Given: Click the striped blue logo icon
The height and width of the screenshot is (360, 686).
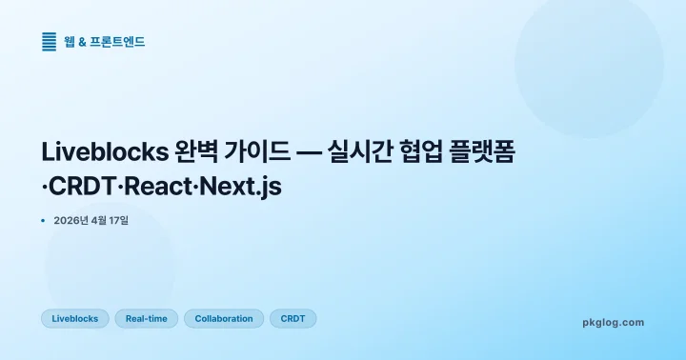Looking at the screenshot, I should (x=50, y=41).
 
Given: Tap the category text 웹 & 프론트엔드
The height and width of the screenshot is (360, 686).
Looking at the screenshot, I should (x=105, y=42).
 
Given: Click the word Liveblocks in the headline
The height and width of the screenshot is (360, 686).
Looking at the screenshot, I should (x=105, y=152).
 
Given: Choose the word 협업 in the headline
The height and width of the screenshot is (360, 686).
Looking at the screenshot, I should (x=426, y=152).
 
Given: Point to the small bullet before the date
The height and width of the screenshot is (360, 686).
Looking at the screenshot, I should (x=44, y=221).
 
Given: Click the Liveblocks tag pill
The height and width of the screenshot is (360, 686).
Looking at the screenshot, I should (x=75, y=319).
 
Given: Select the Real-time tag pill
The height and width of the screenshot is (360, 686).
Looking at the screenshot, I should (x=146, y=319).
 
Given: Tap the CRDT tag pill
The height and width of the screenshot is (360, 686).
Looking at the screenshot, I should (x=293, y=319).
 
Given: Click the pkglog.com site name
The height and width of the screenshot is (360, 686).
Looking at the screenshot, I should (x=613, y=323).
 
